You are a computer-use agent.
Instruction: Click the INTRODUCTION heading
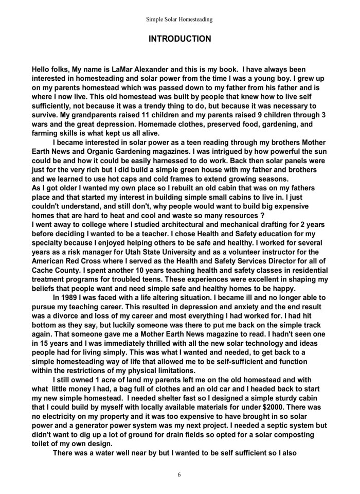pyautogui.click(x=179, y=39)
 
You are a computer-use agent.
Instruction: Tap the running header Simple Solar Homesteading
pyautogui.click(x=179, y=20)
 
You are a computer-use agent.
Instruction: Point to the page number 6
pyautogui.click(x=179, y=474)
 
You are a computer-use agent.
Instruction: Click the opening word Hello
pyautogui.click(x=42, y=68)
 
